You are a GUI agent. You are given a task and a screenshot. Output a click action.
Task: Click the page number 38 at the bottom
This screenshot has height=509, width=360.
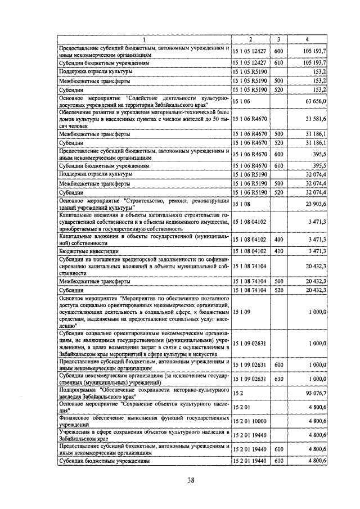(191, 480)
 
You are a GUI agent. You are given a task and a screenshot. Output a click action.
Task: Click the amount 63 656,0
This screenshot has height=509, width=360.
(315, 101)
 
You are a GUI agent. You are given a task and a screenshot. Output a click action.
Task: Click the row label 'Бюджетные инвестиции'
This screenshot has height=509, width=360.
(89, 251)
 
